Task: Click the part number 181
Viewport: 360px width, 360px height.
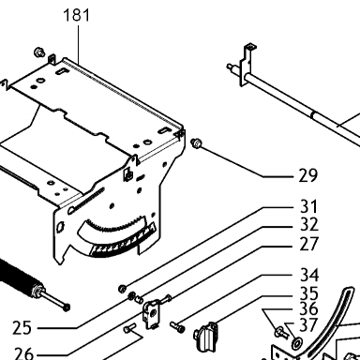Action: (77, 15)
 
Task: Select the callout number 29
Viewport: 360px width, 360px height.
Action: (308, 175)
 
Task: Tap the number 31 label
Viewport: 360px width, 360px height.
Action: (308, 206)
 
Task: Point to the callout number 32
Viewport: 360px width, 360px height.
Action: (308, 224)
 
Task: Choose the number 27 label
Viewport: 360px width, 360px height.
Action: (308, 244)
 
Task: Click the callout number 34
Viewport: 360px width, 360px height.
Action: (309, 276)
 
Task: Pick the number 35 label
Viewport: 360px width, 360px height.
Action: (309, 293)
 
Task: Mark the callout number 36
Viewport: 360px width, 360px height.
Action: (308, 308)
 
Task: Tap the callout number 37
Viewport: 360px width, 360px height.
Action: (308, 325)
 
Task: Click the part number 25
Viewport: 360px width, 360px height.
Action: (22, 328)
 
